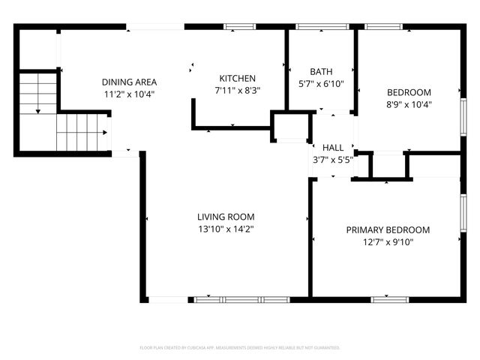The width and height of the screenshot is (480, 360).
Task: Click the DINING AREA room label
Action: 129,82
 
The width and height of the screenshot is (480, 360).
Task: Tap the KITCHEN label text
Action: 238,78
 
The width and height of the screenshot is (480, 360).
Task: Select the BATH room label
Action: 321,72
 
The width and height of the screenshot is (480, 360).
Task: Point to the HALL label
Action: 333,148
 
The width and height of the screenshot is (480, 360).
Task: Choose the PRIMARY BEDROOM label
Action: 388,229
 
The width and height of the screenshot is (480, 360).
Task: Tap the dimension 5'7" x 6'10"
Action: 321,84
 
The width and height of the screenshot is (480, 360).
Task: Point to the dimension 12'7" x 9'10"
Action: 388,242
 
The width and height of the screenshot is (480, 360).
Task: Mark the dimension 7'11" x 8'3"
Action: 238,90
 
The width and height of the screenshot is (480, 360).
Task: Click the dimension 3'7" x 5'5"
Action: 333,159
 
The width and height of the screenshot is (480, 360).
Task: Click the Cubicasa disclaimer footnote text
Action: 240,348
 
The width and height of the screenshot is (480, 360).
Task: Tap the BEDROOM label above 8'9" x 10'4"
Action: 409,92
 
